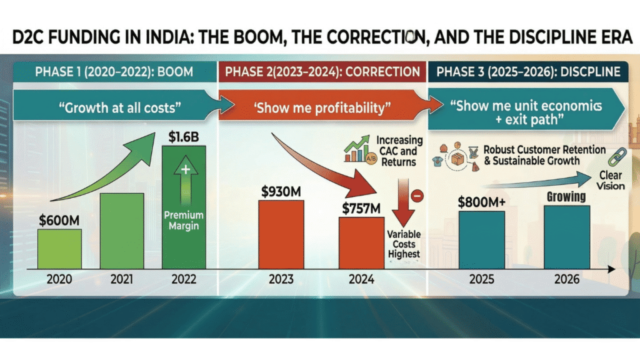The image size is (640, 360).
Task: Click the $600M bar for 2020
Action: [x=59, y=249]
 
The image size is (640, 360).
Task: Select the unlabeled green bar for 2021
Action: [x=121, y=231]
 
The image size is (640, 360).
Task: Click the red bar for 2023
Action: [x=281, y=234]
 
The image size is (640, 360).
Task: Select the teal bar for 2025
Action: [x=482, y=239]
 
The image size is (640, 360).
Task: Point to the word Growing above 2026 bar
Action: [x=566, y=196]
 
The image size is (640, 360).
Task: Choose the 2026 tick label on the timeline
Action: [x=567, y=280]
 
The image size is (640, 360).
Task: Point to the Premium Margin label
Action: [x=184, y=221]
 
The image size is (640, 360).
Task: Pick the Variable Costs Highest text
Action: [x=403, y=244]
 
